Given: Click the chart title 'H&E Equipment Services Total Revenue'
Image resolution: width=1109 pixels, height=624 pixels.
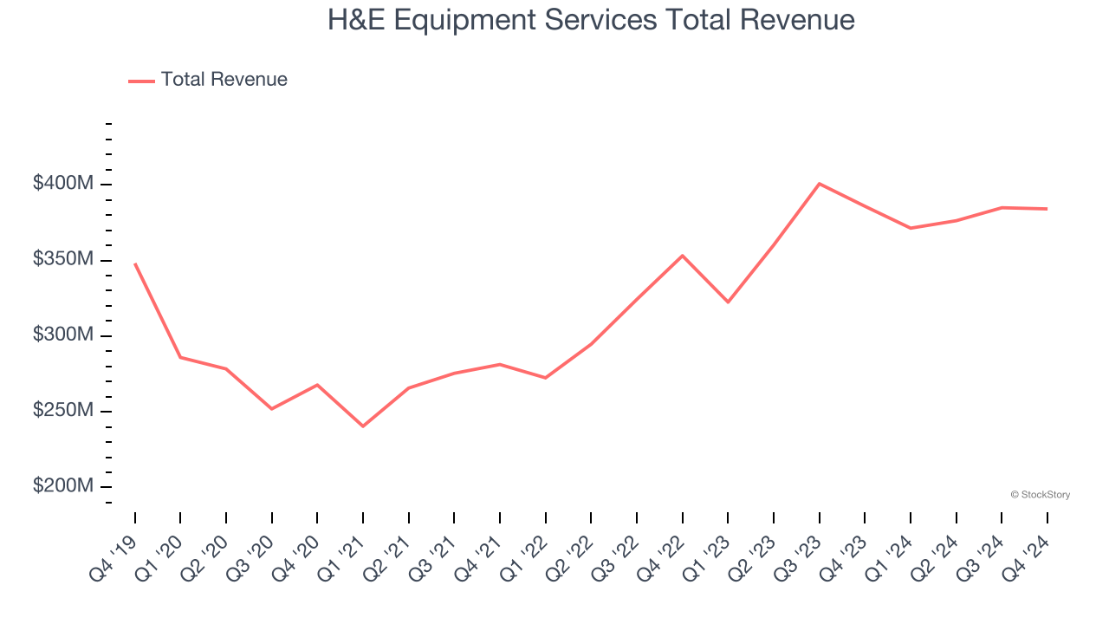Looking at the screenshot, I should [x=591, y=20].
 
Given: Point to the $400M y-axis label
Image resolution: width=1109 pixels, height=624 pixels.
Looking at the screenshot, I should [x=63, y=184].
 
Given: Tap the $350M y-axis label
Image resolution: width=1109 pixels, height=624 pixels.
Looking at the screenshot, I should [x=63, y=259].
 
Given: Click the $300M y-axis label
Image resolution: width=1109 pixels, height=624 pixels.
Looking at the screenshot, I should [x=63, y=335].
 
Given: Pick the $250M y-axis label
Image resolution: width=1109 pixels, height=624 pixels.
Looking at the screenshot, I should [x=63, y=410].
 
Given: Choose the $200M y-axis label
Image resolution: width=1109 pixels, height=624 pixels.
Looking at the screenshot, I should [x=63, y=486].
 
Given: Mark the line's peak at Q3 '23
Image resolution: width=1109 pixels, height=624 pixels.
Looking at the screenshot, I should [x=819, y=184].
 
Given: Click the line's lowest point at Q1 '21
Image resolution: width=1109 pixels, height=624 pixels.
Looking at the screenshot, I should [x=363, y=426].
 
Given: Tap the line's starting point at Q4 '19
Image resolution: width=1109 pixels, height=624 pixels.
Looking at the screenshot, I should [x=135, y=263].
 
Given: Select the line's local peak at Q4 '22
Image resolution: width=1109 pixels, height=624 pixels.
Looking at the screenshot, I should [x=682, y=256].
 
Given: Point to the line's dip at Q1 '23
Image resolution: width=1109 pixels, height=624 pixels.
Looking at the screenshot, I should [x=728, y=302].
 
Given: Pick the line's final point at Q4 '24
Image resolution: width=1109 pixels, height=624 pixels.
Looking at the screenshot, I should [x=1047, y=209].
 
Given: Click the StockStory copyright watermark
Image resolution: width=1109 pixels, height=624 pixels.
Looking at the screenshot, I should [x=1040, y=495].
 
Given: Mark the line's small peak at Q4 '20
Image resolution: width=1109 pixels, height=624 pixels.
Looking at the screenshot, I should [x=317, y=385].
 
